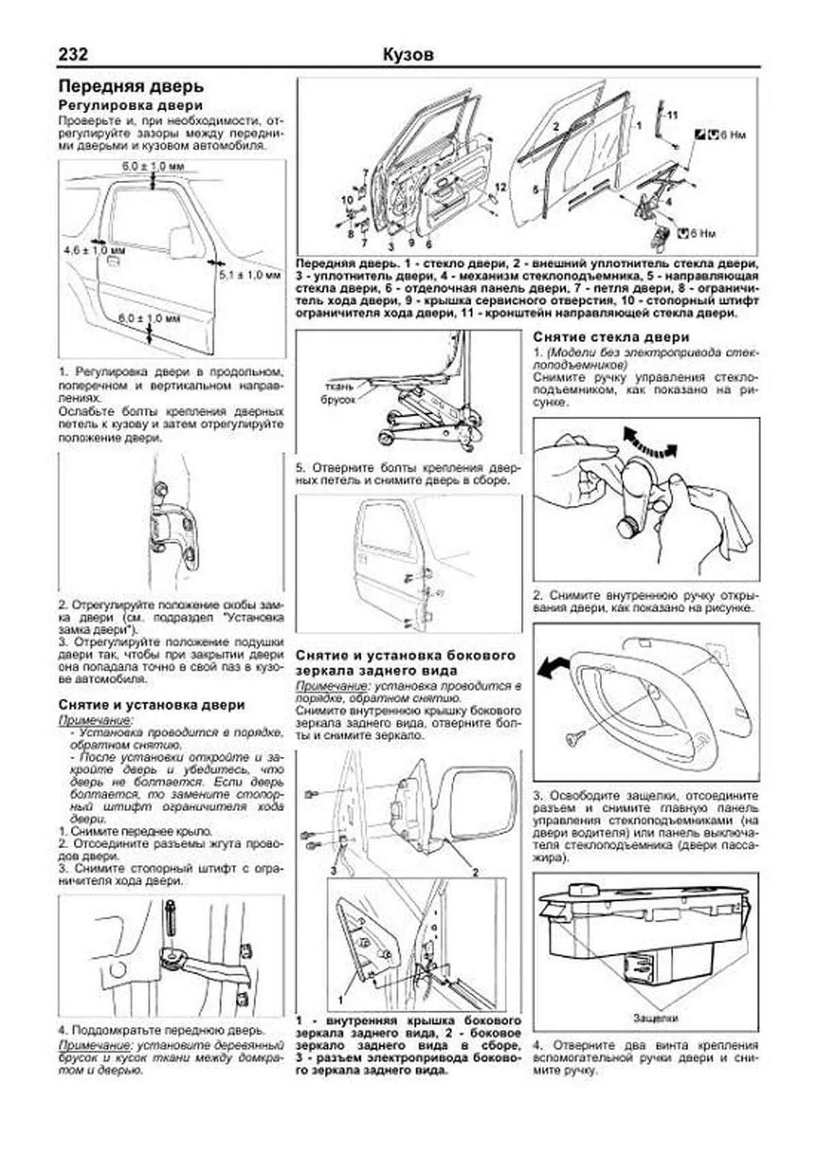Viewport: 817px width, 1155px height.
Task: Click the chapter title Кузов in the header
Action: pyautogui.click(x=408, y=54)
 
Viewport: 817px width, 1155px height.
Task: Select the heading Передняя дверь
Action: pyautogui.click(x=131, y=87)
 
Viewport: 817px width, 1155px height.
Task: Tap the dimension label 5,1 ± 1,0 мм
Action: pyautogui.click(x=249, y=275)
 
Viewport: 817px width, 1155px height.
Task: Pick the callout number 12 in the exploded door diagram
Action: pyautogui.click(x=500, y=186)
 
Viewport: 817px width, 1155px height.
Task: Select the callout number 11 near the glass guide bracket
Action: pyautogui.click(x=673, y=115)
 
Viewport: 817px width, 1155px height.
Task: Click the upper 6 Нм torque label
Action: pyautogui.click(x=731, y=135)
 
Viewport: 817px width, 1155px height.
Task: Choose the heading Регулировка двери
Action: pyautogui.click(x=130, y=105)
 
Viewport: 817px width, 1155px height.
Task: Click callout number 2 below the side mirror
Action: pyautogui.click(x=475, y=872)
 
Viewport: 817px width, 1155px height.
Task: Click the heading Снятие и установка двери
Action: pyautogui.click(x=151, y=705)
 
